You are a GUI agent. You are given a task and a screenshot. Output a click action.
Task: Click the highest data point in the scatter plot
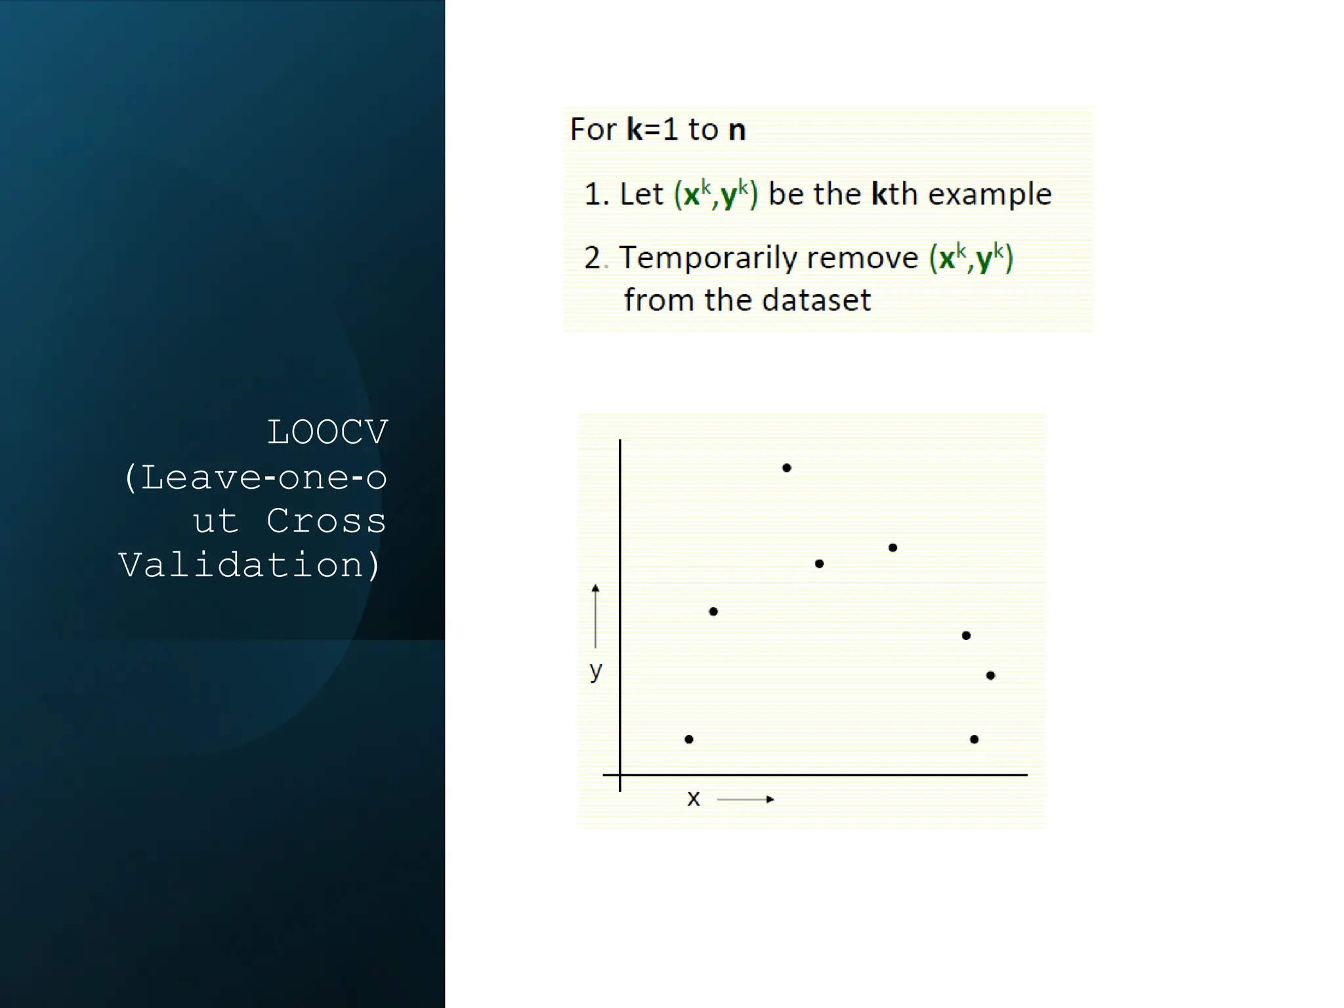click(786, 468)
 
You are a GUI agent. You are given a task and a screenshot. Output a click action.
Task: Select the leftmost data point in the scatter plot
click(688, 739)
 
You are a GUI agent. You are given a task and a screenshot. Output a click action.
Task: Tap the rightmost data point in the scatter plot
click(990, 675)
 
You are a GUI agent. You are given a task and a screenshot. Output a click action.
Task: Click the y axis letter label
click(595, 670)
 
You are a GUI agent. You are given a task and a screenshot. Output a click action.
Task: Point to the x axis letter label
click(693, 799)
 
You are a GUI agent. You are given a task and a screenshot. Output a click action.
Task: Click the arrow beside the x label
click(745, 799)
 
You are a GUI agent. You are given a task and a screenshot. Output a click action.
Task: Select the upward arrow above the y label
click(595, 616)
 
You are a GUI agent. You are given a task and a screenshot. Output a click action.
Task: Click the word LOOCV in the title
click(327, 432)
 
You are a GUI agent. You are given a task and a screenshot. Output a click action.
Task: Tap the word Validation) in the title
click(250, 565)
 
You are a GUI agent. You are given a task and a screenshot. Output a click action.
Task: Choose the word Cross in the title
click(326, 521)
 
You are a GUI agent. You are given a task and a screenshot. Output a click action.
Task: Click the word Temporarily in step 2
click(702, 257)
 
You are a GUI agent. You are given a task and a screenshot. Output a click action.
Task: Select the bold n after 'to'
click(737, 129)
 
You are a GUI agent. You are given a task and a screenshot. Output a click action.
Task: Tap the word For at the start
click(593, 129)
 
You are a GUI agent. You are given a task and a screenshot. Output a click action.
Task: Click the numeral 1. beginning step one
click(595, 194)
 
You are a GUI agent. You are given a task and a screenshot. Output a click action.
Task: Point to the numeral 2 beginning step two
click(593, 258)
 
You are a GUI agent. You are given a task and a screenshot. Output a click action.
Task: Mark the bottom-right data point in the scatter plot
click(974, 739)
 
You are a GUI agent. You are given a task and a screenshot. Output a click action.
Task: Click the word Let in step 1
click(641, 194)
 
